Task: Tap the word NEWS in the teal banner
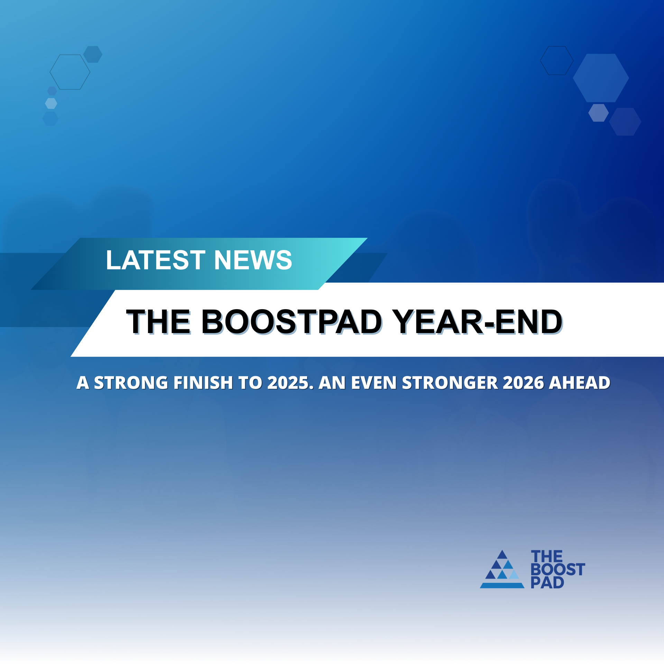tap(253, 260)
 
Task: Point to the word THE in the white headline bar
tap(158, 322)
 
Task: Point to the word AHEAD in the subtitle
tap(580, 383)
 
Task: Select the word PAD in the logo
tap(547, 583)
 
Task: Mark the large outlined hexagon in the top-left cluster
tap(70, 72)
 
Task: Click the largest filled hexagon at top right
tap(601, 78)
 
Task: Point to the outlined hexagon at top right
tap(557, 61)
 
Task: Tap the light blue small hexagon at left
tap(51, 103)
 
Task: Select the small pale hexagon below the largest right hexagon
tap(598, 113)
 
